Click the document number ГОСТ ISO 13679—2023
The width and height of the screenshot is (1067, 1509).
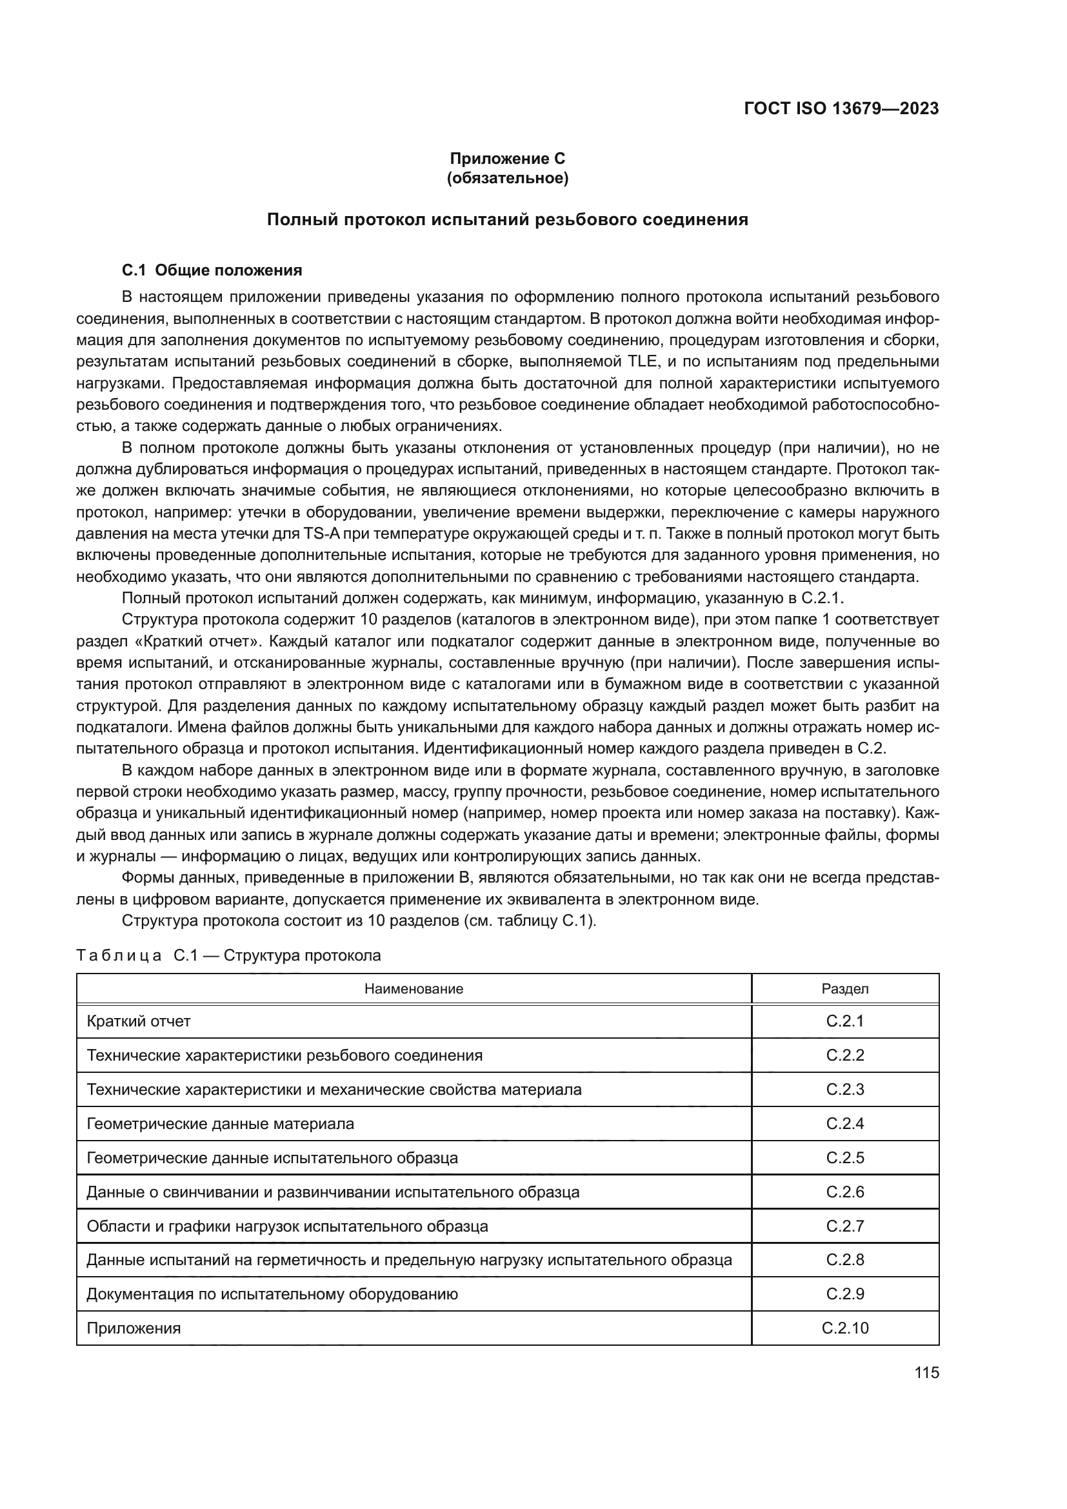coord(841,108)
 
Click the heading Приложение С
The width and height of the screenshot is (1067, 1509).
coord(507,159)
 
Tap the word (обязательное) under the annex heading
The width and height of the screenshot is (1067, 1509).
coord(507,178)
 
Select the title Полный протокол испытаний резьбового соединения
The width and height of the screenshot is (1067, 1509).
coord(507,219)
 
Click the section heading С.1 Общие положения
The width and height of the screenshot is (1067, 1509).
coord(212,270)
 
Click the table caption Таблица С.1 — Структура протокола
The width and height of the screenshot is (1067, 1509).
coord(228,955)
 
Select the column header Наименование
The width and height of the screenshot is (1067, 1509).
coord(414,988)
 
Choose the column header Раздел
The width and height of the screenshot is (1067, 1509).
coord(845,988)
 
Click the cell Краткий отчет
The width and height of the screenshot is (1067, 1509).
coord(139,1021)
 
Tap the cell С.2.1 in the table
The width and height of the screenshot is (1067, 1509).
coord(845,1021)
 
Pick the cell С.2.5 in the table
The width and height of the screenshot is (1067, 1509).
coord(845,1158)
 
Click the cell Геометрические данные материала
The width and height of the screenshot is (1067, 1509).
coord(220,1124)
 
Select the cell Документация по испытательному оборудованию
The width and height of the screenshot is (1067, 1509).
coord(272,1294)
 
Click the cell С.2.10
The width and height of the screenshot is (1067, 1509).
coord(845,1328)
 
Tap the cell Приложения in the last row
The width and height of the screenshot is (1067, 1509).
coord(134,1328)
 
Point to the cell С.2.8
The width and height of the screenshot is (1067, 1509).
coord(845,1260)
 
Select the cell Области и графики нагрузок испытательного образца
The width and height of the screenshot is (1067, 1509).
coord(287,1226)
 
